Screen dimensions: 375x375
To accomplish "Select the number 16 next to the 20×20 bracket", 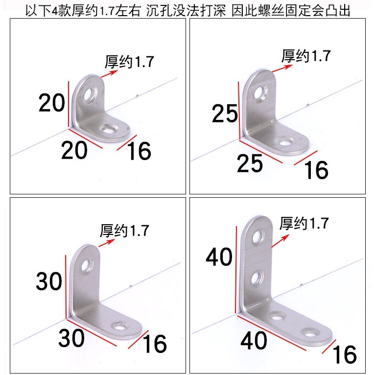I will click(139, 151).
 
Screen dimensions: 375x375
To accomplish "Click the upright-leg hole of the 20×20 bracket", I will click(89, 94).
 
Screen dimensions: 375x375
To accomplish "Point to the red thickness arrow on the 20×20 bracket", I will click(109, 73).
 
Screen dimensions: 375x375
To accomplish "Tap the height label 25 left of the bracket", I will click(225, 114).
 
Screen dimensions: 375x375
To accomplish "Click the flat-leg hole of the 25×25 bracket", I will click(284, 143).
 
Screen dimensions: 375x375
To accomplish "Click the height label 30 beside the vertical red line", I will click(49, 281).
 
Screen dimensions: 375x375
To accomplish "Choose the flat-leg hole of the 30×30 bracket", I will click(119, 325).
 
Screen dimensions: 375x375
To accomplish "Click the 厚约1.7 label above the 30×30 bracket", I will click(124, 230).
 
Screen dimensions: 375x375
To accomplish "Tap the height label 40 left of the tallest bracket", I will click(219, 257).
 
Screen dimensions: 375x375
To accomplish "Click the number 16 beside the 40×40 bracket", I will click(344, 354).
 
